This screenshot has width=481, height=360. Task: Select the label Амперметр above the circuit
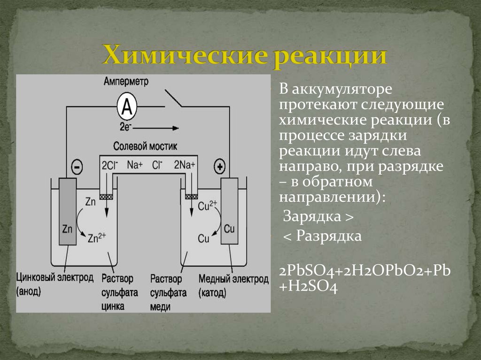pos(127,82)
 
